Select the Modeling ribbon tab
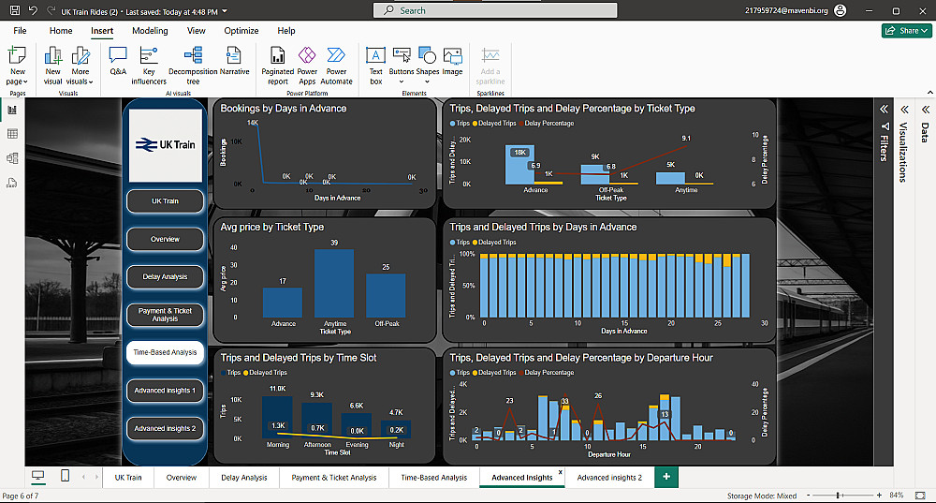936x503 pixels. [150, 31]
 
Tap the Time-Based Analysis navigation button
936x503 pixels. [165, 352]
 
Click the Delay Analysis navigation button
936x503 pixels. [165, 276]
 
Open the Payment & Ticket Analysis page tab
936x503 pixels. [334, 478]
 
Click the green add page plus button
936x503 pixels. [666, 477]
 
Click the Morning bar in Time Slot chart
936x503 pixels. [279, 418]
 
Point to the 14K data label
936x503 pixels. [253, 123]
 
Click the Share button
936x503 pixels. [906, 31]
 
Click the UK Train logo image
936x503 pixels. [165, 145]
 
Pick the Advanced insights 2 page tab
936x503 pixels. [609, 478]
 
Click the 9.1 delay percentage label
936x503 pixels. [686, 139]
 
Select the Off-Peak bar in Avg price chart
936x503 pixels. [386, 295]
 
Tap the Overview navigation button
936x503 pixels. [165, 239]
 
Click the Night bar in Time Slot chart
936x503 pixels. [396, 428]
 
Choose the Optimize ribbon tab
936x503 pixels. [241, 31]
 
